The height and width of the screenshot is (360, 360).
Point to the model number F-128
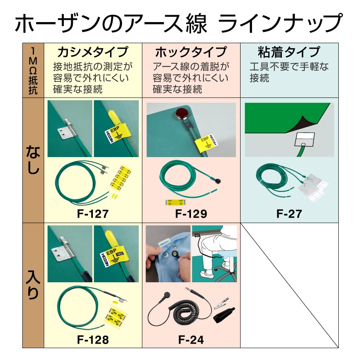pyautogui.click(x=93, y=340)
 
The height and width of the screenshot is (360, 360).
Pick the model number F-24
pyautogui.click(x=191, y=340)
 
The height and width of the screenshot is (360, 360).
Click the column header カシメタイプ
pyautogui.click(x=93, y=52)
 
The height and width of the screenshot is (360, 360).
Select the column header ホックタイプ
pyautogui.click(x=191, y=52)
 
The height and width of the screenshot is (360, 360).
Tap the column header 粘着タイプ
pyautogui.click(x=289, y=52)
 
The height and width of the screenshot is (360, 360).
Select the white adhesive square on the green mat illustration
pyautogui.click(x=304, y=140)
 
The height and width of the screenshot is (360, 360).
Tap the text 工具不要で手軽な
pyautogui.click(x=289, y=67)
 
